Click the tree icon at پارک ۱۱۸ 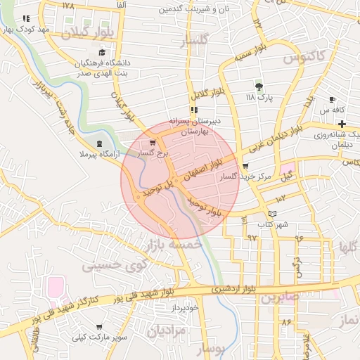coord(259,86)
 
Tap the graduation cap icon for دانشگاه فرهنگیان coord(102,53)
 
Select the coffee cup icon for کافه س coord(332,100)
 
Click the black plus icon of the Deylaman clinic coord(342,124)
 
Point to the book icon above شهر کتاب coord(273,214)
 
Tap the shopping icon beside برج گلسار coord(152,143)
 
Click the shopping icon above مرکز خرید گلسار coord(245,166)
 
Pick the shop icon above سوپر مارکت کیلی coord(98,327)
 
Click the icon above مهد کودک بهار coord(26,19)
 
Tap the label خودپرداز coord(186,308)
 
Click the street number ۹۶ coord(299,238)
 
